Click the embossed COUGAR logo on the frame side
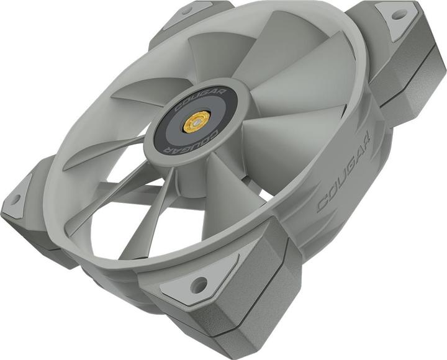(345, 171)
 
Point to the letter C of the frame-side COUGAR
(323, 204)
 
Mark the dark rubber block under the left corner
(31, 236)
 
